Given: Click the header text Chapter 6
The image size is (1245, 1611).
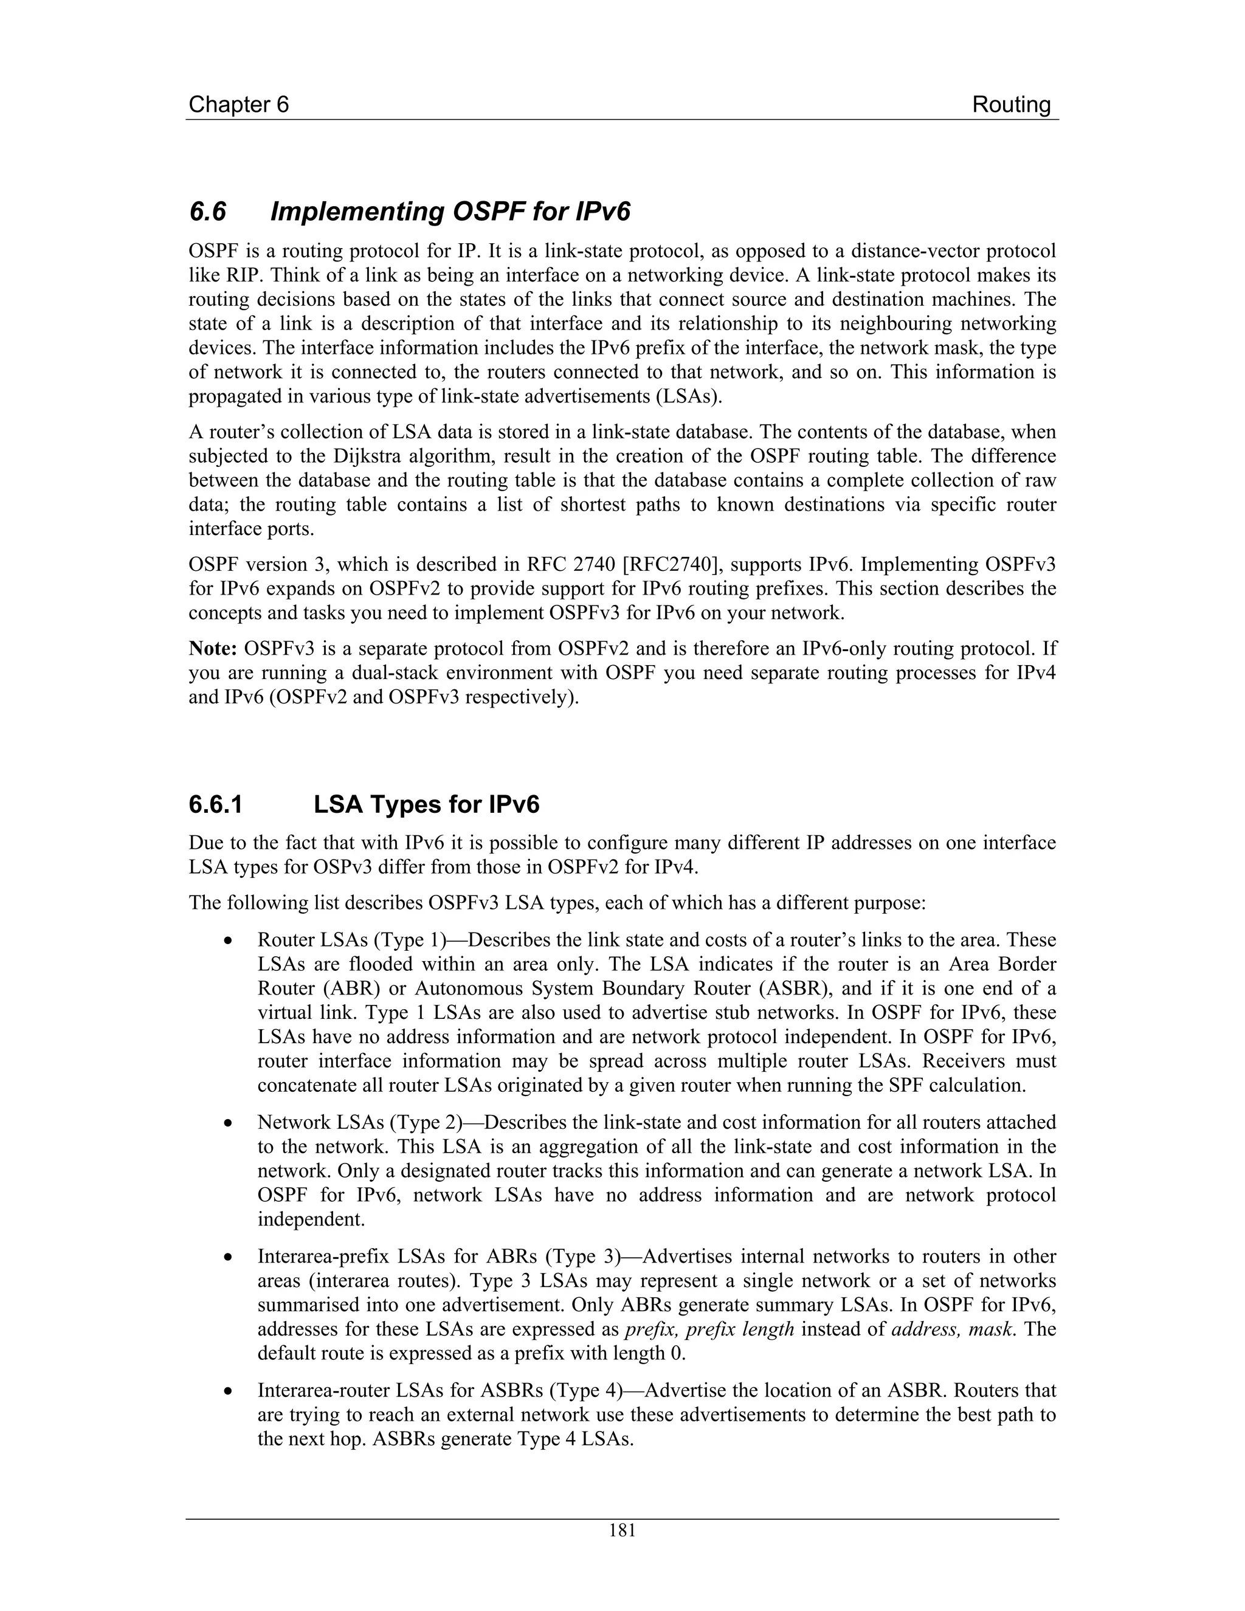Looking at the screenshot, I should (238, 105).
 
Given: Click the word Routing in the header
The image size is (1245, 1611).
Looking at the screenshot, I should (1010, 105).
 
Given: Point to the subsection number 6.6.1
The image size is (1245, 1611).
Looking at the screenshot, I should (215, 804).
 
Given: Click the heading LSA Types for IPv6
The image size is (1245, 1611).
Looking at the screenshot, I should (426, 804).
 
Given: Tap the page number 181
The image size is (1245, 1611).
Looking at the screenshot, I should (622, 1531).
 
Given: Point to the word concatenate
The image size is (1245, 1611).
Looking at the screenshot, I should (310, 1086).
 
